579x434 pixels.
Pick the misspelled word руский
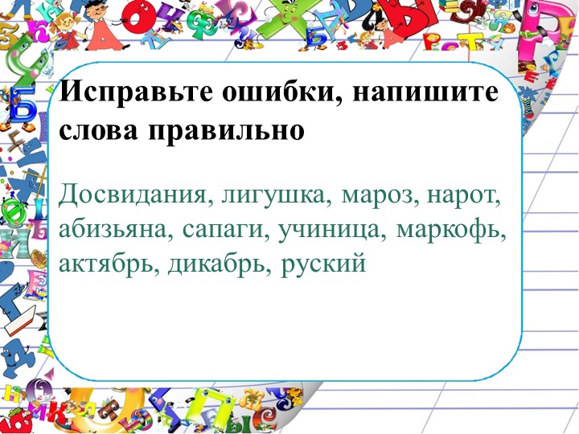324,264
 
